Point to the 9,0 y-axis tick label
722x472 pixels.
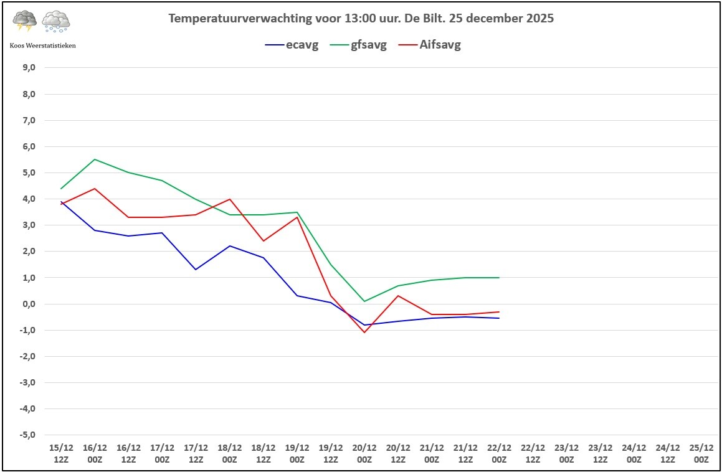[29, 68]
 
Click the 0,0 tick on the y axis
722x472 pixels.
[29, 304]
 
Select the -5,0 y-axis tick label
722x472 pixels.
[28, 435]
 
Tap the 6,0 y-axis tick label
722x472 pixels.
[29, 146]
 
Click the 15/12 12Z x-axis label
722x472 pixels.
[61, 453]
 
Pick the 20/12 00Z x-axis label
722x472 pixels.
[364, 453]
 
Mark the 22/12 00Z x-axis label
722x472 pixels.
[499, 453]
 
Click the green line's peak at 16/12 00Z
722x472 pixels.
[95, 159]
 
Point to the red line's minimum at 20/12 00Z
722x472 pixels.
[364, 332]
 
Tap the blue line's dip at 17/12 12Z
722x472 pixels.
[196, 270]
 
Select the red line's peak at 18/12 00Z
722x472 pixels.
[230, 199]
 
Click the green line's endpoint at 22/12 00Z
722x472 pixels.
[499, 278]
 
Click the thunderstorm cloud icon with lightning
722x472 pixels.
[25, 21]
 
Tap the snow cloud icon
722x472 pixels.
[55, 22]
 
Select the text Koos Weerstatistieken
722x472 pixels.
[43, 45]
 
